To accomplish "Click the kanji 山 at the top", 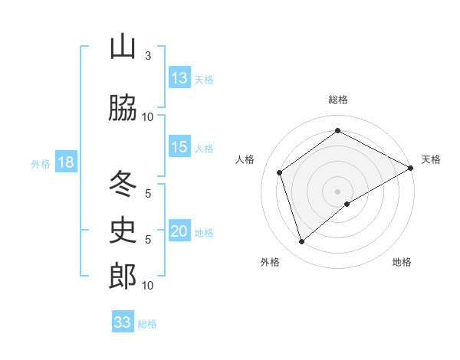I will coord(123,47).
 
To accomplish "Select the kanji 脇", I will coord(123,109).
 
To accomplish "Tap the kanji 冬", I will coord(123,184).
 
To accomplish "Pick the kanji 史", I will coord(123,230).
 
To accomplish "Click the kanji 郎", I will coord(123,277).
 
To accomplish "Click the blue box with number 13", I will coord(179,78).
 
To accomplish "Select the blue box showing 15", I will coord(179,147).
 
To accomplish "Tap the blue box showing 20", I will coord(179,231).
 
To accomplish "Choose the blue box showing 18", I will coord(65,162).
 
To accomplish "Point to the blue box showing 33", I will coord(123,322).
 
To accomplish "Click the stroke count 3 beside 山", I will coord(148,56).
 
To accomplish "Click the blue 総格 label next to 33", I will coord(148,324).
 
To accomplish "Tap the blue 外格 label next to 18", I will coord(40,163).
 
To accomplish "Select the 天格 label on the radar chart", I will coord(431,159).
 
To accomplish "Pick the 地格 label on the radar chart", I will coord(402,262).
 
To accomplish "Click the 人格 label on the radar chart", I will coord(245,159).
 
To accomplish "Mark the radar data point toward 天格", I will coord(410,168).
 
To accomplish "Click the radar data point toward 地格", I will coord(347,204).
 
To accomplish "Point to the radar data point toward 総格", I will coord(337,131).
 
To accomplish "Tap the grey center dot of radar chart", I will coord(337,191).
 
